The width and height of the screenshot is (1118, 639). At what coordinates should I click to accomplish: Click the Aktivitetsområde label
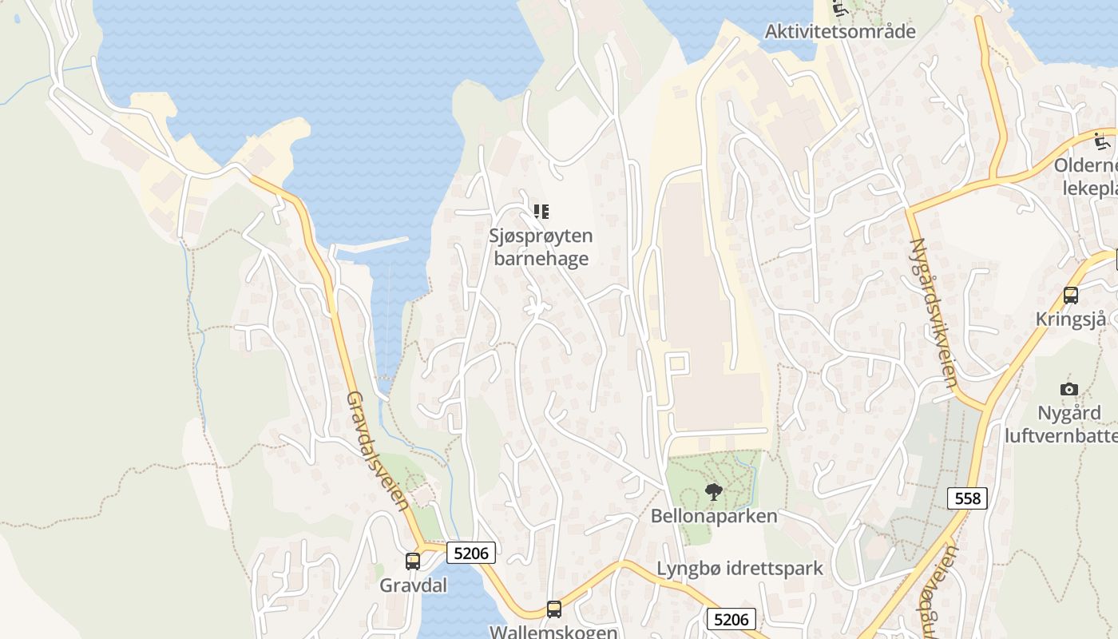tap(840, 31)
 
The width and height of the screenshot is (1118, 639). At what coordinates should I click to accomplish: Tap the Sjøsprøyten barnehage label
tap(541, 247)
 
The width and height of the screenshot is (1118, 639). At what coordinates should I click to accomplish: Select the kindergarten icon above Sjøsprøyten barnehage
tap(541, 212)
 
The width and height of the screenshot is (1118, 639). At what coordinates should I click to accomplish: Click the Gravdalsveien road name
tap(378, 450)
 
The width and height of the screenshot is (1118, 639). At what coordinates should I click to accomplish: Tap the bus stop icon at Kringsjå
tap(1071, 296)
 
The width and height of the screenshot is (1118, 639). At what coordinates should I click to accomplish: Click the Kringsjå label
tap(1071, 319)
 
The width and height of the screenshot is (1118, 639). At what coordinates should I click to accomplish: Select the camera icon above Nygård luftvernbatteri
tap(1069, 390)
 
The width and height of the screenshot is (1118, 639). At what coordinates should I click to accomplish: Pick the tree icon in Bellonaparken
tap(714, 492)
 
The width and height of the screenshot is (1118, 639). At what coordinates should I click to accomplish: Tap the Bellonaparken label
tap(714, 516)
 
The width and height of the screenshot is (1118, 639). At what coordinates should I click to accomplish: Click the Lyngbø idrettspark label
tap(739, 569)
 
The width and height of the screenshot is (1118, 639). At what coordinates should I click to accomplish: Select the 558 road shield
tap(968, 498)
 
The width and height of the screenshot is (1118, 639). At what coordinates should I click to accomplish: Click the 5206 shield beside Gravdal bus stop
tap(471, 552)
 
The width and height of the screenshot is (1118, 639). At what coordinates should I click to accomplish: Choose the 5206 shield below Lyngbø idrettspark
tap(731, 619)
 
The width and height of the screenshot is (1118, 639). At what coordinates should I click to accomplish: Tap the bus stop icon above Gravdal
tap(413, 562)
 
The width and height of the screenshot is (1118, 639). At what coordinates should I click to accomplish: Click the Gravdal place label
tap(413, 585)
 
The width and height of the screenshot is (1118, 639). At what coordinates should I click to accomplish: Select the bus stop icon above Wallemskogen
tap(554, 609)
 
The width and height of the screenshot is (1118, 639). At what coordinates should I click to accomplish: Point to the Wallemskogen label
tap(553, 632)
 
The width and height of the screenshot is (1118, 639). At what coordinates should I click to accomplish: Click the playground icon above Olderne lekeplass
tap(1103, 141)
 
